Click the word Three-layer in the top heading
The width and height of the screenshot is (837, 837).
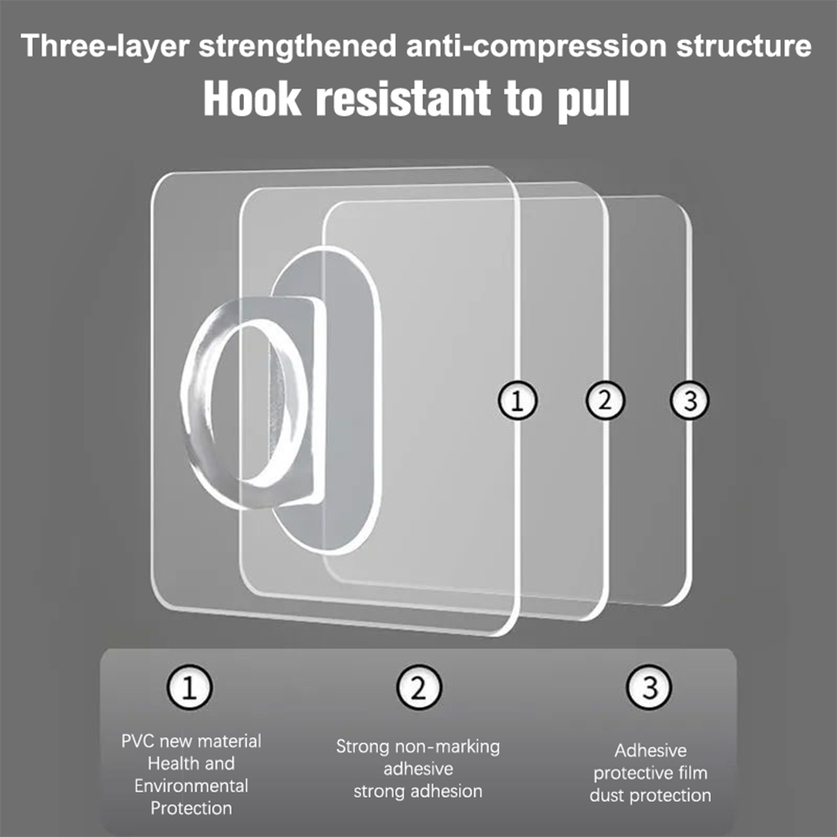pos(105,46)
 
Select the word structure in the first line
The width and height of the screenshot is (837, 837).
pos(743,46)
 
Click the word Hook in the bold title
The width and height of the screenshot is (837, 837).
pos(252,99)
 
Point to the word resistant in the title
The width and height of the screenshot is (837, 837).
pos(403,99)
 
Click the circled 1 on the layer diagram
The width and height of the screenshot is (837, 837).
pos(517,400)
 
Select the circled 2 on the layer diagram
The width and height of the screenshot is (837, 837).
pos(605,400)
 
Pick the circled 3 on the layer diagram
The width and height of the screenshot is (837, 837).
pos(690,400)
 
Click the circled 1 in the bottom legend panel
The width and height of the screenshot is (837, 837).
pos(190,687)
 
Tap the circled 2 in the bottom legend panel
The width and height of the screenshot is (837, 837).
pos(419,687)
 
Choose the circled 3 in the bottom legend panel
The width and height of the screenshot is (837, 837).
pos(649,687)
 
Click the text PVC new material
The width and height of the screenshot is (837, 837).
pos(191,741)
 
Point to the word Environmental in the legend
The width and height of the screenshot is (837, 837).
pos(191,786)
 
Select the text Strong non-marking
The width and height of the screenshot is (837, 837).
pos(418,746)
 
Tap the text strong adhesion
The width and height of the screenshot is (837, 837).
pos(418,791)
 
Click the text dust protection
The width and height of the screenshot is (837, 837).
pos(650,795)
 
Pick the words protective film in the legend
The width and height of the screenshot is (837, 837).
pos(650,773)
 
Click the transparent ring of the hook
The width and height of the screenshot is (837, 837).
pos(195,406)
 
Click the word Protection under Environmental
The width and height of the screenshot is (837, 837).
pos(191,808)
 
